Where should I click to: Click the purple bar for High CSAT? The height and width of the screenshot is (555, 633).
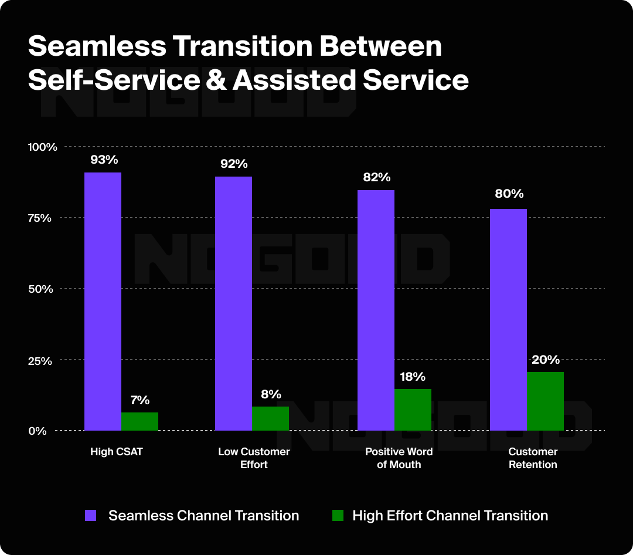tap(103, 301)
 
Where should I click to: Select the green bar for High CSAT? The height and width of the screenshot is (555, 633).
tap(139, 421)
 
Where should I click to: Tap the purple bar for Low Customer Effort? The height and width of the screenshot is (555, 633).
tap(233, 303)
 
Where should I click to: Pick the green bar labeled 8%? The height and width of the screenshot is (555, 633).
tap(270, 418)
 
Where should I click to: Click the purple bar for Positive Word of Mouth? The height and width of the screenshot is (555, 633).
tap(376, 310)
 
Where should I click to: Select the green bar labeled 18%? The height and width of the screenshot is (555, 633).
tap(413, 410)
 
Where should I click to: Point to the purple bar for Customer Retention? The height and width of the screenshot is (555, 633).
tap(508, 319)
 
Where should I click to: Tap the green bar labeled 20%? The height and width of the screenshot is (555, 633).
tap(545, 401)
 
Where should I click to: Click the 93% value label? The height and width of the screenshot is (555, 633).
tap(104, 159)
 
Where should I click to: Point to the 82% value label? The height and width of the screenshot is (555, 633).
tap(376, 177)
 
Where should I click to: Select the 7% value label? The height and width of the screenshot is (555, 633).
tap(139, 400)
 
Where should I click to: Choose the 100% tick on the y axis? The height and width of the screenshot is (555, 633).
tap(43, 147)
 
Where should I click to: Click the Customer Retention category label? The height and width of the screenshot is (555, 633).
tap(533, 458)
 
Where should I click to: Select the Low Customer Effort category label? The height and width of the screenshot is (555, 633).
tap(254, 458)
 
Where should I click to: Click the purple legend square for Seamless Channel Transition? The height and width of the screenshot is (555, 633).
tap(91, 516)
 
